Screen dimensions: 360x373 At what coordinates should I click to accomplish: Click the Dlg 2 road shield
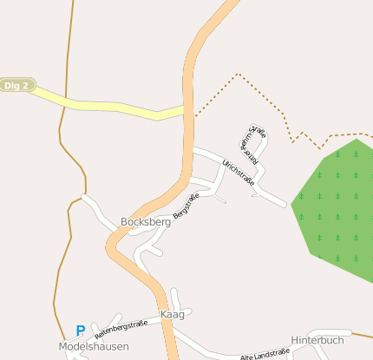(x=16, y=85)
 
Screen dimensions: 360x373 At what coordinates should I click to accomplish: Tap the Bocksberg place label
(x=146, y=222)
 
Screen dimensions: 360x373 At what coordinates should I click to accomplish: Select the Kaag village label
(x=173, y=314)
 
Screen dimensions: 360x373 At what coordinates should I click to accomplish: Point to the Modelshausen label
(x=94, y=346)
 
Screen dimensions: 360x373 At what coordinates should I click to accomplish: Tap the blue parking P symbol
(x=80, y=331)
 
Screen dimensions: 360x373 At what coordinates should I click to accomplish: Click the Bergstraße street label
(x=192, y=206)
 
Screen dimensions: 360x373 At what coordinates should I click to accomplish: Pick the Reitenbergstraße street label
(x=121, y=327)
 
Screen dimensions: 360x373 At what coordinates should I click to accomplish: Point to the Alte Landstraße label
(x=265, y=355)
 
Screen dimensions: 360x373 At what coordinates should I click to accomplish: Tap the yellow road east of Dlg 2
(x=104, y=106)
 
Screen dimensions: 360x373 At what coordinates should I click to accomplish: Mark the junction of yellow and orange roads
(x=186, y=109)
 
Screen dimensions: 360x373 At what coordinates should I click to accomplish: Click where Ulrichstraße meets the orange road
(x=191, y=150)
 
